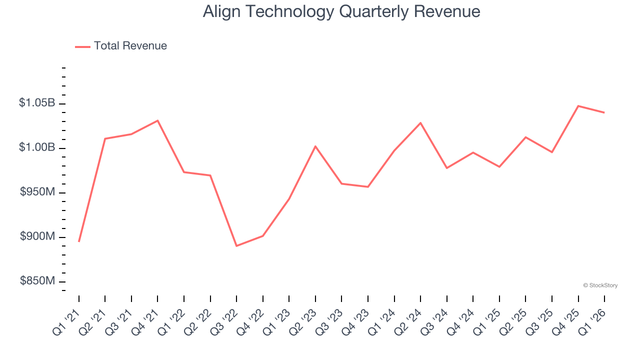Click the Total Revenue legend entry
click(121, 46)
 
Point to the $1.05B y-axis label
click(37, 103)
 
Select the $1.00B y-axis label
click(37, 147)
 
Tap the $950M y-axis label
click(37, 192)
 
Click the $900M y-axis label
click(37, 236)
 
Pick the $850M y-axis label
click(37, 281)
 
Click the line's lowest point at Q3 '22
click(236, 246)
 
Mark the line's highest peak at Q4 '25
click(578, 106)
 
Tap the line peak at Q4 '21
click(157, 120)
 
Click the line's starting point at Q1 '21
click(79, 241)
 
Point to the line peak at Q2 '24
click(420, 122)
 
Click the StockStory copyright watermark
click(600, 285)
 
